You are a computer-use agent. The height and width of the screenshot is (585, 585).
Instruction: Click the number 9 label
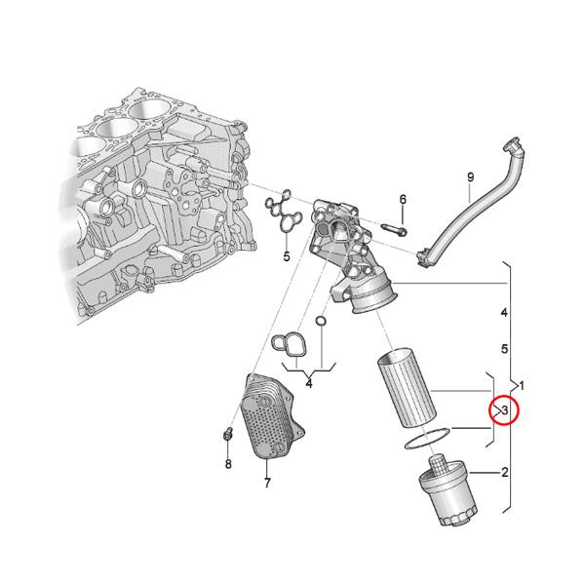tap(470, 176)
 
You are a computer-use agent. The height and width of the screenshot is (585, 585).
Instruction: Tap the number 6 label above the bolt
tap(402, 200)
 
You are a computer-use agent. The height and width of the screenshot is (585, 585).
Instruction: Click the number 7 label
tap(266, 483)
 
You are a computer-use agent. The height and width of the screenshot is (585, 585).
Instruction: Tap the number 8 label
tap(228, 464)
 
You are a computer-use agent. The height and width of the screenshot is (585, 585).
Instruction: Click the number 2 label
tap(505, 474)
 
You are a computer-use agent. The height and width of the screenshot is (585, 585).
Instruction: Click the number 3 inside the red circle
tap(505, 411)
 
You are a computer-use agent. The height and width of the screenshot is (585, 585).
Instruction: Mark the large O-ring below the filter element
tap(426, 438)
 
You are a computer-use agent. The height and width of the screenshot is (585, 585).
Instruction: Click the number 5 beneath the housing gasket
tap(287, 257)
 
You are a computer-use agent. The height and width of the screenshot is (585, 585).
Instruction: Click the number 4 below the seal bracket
tap(308, 384)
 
